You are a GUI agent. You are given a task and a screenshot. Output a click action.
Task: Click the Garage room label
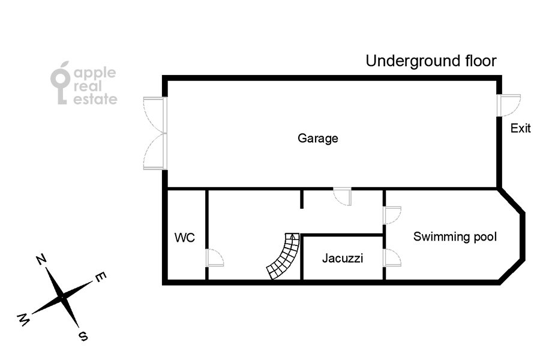[317, 139]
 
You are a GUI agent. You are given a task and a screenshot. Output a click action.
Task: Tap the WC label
[185, 238]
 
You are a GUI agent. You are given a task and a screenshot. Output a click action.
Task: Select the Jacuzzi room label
[343, 258]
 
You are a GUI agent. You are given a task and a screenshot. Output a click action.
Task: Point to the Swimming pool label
[455, 236]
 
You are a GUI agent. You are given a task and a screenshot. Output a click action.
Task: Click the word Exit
[520, 128]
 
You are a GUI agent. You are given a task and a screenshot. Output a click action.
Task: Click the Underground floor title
[431, 61]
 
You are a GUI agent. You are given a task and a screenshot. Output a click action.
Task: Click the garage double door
[155, 133]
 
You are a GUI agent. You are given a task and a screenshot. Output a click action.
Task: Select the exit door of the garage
[509, 106]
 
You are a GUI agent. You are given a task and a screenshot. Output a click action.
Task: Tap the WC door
[215, 257]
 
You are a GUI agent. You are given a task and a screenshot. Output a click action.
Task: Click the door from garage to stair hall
[343, 197]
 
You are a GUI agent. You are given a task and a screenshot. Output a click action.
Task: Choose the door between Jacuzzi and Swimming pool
[392, 257]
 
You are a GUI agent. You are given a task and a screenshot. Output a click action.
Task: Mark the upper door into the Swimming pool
[392, 215]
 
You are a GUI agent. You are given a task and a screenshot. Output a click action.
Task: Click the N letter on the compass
[41, 260]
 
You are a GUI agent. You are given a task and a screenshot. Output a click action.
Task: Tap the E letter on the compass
[101, 277]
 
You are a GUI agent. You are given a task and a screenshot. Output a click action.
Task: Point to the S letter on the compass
[83, 336]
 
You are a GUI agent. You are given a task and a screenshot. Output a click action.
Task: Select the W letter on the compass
[23, 320]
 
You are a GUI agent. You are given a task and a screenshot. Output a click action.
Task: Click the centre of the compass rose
[62, 297]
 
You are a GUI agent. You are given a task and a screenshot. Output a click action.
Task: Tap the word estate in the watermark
[95, 99]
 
